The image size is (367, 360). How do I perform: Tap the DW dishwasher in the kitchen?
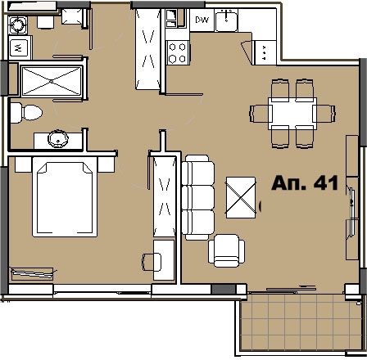point(202,19)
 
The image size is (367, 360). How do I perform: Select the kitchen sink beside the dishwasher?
point(227,20)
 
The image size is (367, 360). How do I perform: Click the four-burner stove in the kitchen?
point(178,52)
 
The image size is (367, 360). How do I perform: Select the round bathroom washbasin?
point(58,138)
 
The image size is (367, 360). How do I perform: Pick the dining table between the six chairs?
point(293,110)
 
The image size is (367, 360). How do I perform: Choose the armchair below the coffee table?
point(226,249)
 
